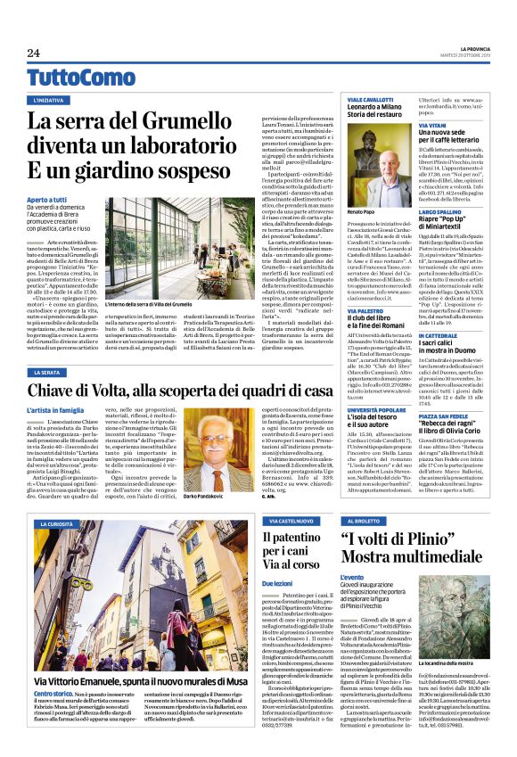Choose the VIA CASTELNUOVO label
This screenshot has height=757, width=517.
[288, 520]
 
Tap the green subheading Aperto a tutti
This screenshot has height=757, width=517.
[48, 175]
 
